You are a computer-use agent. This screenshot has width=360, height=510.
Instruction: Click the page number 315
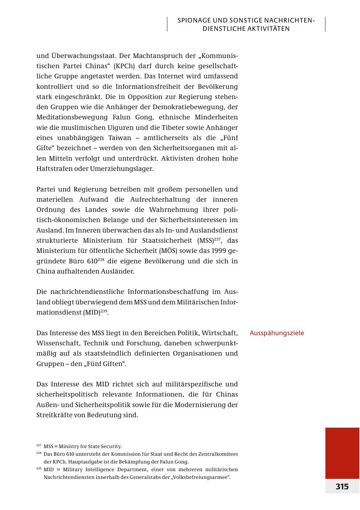point(342,486)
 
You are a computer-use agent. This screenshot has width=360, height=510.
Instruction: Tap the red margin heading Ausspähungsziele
point(277,333)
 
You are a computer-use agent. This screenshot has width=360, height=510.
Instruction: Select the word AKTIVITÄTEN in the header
point(268,29)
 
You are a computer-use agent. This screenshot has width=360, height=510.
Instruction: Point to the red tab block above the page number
point(342,453)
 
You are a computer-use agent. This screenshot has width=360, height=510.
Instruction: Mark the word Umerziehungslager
point(122,168)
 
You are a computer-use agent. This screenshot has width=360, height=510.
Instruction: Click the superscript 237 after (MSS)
point(217,239)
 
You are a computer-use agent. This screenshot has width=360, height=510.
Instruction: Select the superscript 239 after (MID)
point(104,311)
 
